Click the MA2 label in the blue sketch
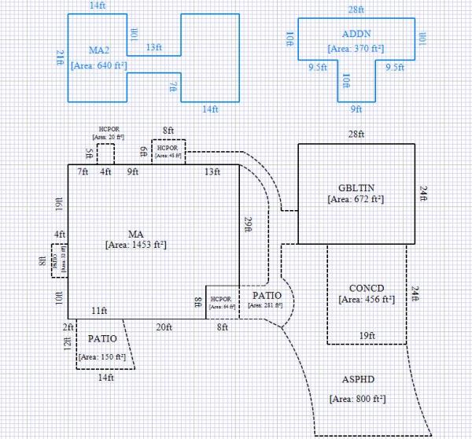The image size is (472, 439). coord(98,50)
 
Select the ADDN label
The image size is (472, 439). coord(356,35)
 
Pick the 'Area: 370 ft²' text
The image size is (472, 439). coord(356,49)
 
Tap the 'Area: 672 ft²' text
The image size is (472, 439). coord(356,200)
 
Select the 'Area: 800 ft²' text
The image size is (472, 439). coord(358,399)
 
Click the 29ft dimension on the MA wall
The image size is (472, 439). coord(248,226)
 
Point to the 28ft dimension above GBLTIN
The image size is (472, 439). coord(356,135)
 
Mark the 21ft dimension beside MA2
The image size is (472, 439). coord(60,57)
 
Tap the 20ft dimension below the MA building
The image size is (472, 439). coord(164,326)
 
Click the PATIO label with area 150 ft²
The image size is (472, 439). coord(103,338)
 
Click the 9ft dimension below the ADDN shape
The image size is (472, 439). coord(356,109)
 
